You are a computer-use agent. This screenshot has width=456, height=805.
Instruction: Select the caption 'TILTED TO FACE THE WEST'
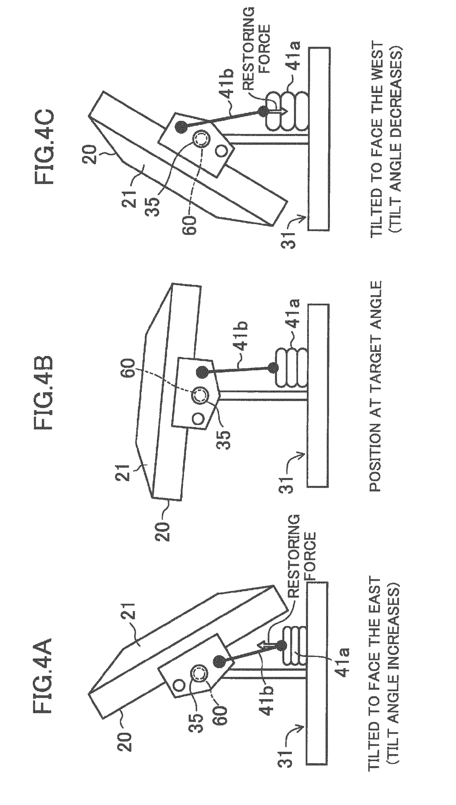pos(378,139)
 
